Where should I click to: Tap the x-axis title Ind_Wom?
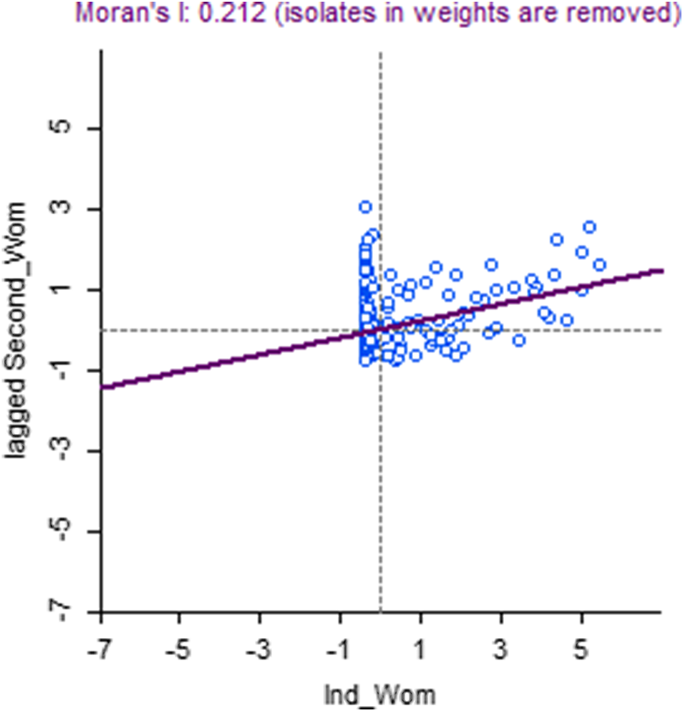pyautogui.click(x=380, y=695)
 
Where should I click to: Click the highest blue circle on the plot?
pyautogui.click(x=365, y=206)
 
